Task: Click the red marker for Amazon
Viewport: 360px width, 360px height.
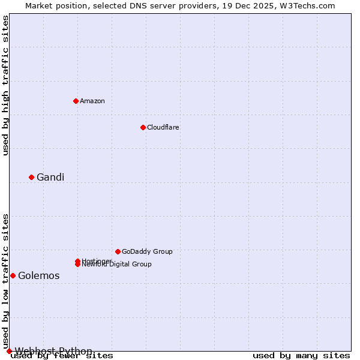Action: coord(76,101)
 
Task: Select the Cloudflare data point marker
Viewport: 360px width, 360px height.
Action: coord(143,127)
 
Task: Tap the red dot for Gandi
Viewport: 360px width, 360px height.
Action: coord(31,177)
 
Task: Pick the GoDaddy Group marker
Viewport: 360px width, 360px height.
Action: coord(118,251)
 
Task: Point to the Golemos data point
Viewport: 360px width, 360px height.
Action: coord(13,275)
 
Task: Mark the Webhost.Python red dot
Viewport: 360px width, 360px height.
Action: coord(9,351)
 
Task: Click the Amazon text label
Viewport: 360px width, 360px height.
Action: coord(92,101)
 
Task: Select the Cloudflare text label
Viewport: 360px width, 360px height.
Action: coord(163,127)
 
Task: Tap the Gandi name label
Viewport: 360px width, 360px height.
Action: coord(50,177)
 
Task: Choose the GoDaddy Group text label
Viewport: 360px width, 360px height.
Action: coord(147,251)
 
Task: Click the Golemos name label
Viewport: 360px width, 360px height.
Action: coord(39,275)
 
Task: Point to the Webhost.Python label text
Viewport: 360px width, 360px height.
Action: coord(53,351)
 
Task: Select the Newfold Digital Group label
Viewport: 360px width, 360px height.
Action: coord(118,265)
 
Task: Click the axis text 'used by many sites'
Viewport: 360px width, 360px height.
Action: coord(301,356)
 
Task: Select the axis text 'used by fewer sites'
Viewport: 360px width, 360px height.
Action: coord(62,356)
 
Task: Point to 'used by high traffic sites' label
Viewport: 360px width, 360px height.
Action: coord(5,85)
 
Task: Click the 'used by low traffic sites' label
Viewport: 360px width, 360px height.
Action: coord(5,281)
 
